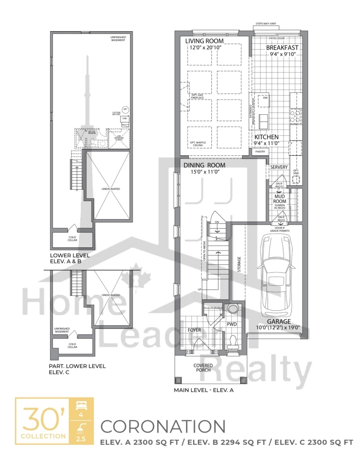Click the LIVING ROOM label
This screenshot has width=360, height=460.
[x=205, y=41]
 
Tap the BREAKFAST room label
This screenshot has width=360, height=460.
[x=282, y=48]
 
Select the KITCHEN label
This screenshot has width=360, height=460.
[x=267, y=137]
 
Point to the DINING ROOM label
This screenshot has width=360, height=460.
[x=204, y=165]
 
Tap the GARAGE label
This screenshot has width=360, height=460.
[x=280, y=321]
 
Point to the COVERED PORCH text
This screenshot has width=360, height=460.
[x=203, y=368]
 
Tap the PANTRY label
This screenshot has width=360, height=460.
[x=260, y=152]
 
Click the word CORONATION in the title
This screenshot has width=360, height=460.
[x=163, y=426]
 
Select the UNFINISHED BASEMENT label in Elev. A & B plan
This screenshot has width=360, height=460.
[x=117, y=38]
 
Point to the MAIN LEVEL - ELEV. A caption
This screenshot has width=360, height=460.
[x=204, y=390]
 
